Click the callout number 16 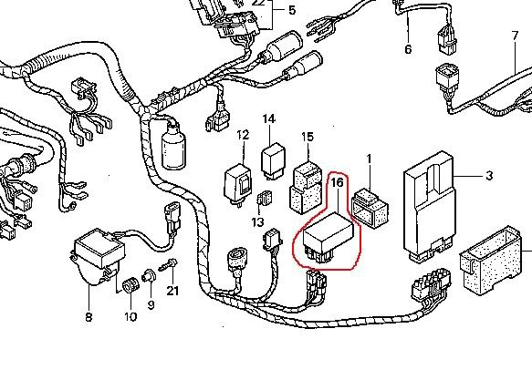(337, 182)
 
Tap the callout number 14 (268, 118)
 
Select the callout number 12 (243, 135)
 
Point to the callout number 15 (308, 137)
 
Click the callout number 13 (258, 222)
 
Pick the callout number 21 (172, 291)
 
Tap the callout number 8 (88, 317)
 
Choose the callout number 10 (130, 317)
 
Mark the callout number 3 (489, 176)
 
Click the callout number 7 (515, 36)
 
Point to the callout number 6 (408, 49)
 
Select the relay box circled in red (329, 238)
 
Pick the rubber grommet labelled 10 (131, 286)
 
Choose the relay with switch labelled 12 (238, 185)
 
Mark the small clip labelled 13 (265, 199)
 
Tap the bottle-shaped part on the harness (173, 144)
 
